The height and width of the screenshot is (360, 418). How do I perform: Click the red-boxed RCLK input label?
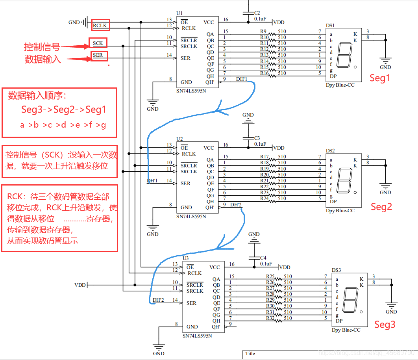click(100, 26)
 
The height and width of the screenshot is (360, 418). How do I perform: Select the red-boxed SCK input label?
click(98, 43)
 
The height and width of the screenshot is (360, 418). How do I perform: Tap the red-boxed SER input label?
click(98, 55)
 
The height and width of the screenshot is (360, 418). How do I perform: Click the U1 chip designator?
click(179, 13)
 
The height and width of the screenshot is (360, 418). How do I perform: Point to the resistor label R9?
click(264, 31)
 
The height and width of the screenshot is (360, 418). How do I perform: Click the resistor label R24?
click(264, 198)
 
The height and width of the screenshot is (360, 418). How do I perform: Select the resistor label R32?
click(270, 318)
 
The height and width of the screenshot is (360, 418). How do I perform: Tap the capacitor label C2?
click(257, 13)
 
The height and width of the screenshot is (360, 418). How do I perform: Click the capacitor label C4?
click(263, 258)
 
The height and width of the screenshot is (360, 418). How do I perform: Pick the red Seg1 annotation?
click(379, 78)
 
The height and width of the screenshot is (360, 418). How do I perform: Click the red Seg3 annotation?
click(385, 325)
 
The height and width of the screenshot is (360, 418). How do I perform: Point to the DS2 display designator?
click(330, 151)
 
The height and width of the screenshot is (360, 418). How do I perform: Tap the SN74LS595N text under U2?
click(191, 216)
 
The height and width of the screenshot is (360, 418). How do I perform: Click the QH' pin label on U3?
click(216, 327)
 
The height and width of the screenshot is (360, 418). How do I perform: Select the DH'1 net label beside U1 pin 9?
click(241, 79)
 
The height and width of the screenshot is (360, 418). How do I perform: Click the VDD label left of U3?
click(80, 285)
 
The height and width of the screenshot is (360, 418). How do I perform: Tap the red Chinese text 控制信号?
click(42, 47)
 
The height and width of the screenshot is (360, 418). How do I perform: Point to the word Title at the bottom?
click(250, 353)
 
